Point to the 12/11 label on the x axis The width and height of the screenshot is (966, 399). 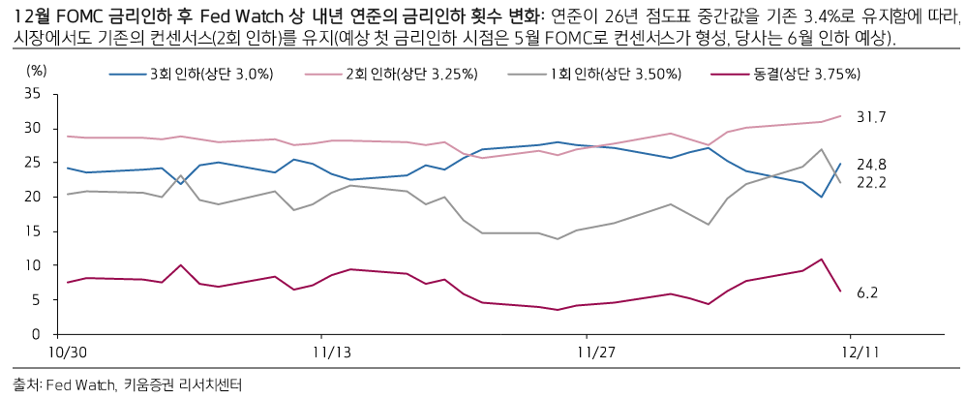(x=855, y=353)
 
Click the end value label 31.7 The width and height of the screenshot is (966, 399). (x=871, y=117)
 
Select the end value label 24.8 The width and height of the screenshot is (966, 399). (x=871, y=164)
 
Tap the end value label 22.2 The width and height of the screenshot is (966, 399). (x=871, y=182)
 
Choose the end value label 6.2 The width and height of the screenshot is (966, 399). (x=867, y=292)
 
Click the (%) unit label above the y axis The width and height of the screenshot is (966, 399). (x=36, y=70)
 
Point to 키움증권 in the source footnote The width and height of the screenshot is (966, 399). (x=151, y=384)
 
